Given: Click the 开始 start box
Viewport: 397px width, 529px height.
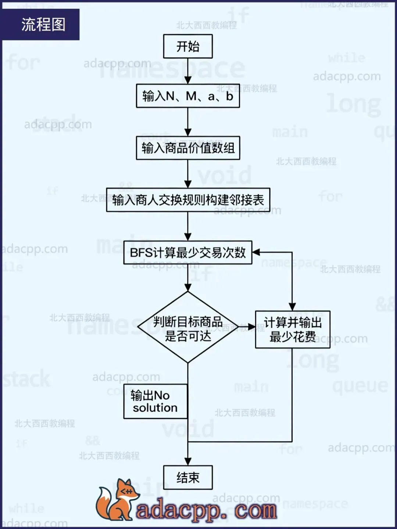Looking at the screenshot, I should (188, 46).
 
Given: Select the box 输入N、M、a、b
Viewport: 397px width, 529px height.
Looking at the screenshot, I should (188, 96).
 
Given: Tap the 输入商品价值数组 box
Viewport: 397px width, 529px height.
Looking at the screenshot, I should (188, 148).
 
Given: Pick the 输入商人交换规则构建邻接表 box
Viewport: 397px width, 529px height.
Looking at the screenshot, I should (188, 200).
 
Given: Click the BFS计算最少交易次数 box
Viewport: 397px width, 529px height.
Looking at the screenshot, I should (188, 252).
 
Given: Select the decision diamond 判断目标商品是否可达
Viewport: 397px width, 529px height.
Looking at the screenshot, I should (188, 327).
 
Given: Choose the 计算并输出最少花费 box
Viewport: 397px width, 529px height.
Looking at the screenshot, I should (293, 330).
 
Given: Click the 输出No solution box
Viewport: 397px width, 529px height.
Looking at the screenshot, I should (155, 402).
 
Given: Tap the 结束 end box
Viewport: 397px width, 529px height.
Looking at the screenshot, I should (188, 477).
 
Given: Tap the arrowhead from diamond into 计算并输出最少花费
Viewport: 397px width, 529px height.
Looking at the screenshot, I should (251, 327).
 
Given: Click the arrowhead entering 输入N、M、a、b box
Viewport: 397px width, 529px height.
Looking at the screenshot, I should (188, 80).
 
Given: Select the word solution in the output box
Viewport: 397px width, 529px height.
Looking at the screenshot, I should (155, 408).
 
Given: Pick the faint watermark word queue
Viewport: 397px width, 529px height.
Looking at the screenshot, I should (360, 386).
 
